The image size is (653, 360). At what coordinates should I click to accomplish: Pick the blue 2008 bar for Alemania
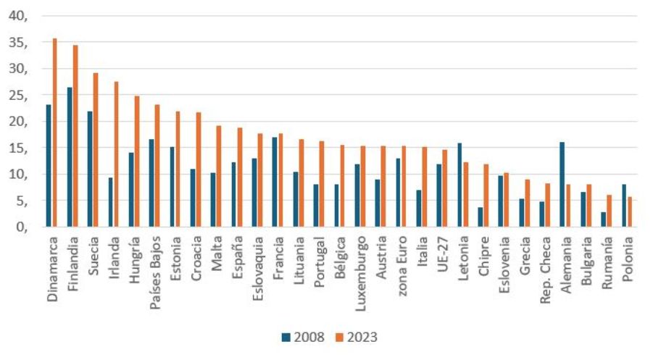[562, 184]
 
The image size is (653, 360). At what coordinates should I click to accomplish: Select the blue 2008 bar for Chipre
[480, 217]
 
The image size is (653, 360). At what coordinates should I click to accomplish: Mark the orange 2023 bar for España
[239, 177]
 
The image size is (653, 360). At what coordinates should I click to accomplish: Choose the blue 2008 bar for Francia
[274, 182]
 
